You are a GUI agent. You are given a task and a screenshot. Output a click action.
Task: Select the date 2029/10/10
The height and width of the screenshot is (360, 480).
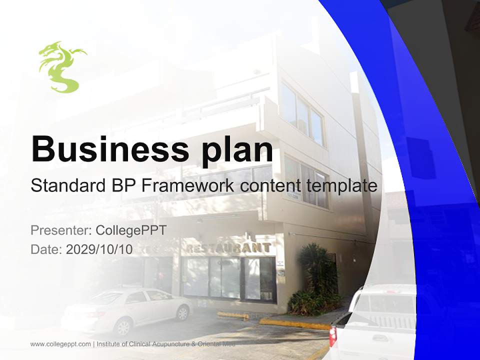point(99,249)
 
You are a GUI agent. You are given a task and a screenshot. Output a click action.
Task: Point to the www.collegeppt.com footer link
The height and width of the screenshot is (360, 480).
point(60,344)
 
